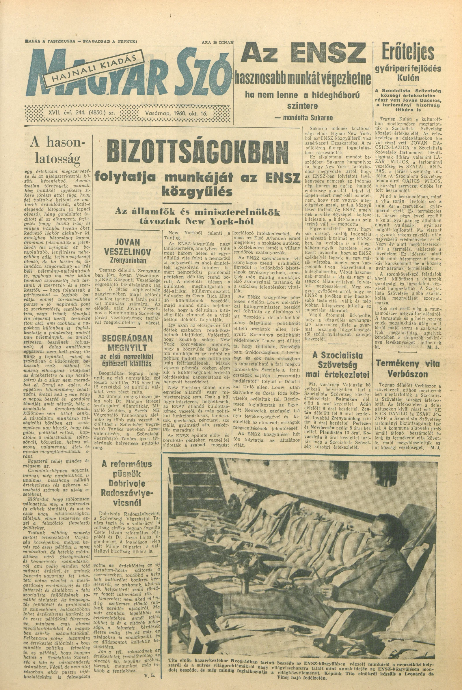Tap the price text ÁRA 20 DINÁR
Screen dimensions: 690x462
[x=217, y=42]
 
